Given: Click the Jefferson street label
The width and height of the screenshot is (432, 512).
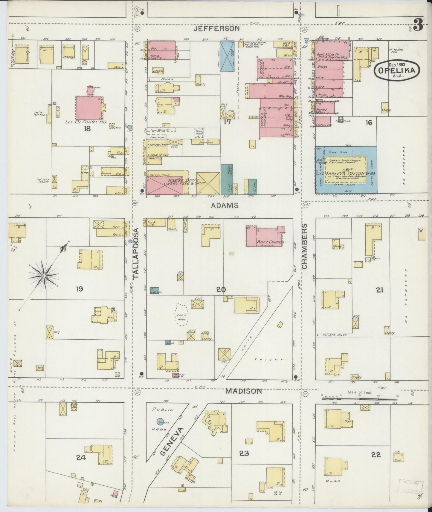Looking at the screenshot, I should coord(216,29).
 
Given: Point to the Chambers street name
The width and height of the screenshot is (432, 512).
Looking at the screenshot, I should coord(304,246).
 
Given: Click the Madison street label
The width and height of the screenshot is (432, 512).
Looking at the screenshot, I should coord(244,391).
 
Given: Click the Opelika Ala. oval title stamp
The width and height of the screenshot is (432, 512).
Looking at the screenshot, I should coord(397,70).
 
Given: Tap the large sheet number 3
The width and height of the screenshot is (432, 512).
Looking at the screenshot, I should coord(418,25).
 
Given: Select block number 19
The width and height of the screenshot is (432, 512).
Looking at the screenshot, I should coord(79,289).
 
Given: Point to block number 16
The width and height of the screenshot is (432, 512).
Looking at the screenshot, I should coord(369,122).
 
